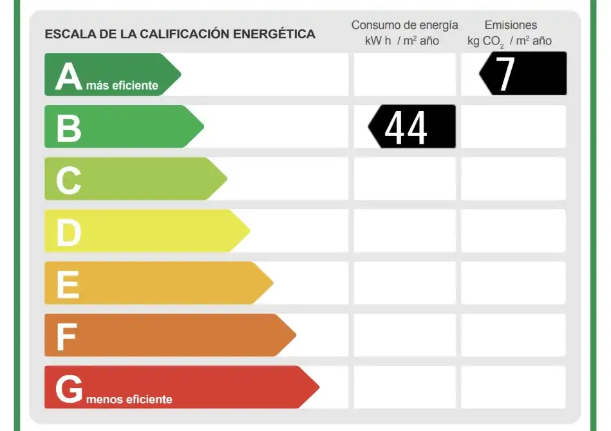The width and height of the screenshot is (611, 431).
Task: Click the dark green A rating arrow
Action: [113, 74]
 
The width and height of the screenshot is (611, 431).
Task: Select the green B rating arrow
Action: [124, 126]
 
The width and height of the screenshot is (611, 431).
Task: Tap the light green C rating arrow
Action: [136, 178]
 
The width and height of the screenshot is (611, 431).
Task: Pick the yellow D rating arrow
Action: [147, 231]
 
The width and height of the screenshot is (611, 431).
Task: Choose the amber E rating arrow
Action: [158, 283]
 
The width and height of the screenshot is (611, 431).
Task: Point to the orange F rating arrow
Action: [170, 335]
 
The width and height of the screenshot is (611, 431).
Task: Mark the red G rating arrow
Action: [182, 387]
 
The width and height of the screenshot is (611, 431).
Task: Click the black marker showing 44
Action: [412, 126]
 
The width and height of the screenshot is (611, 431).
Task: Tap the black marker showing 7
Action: [523, 73]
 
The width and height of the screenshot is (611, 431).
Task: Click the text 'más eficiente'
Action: [122, 86]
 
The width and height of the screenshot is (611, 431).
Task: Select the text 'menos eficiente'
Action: [129, 399]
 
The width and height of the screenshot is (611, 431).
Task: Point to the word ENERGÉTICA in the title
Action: [274, 34]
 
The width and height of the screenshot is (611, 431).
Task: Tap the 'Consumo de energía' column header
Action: [404, 25]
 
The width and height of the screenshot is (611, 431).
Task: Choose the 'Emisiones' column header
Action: [511, 25]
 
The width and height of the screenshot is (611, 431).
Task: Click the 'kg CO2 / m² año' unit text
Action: [509, 41]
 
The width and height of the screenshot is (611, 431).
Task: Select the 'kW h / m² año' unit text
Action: [402, 41]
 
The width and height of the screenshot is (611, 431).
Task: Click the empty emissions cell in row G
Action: [513, 387]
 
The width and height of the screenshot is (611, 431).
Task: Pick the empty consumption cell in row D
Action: [404, 231]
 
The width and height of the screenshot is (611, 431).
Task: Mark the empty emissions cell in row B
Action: [513, 126]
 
